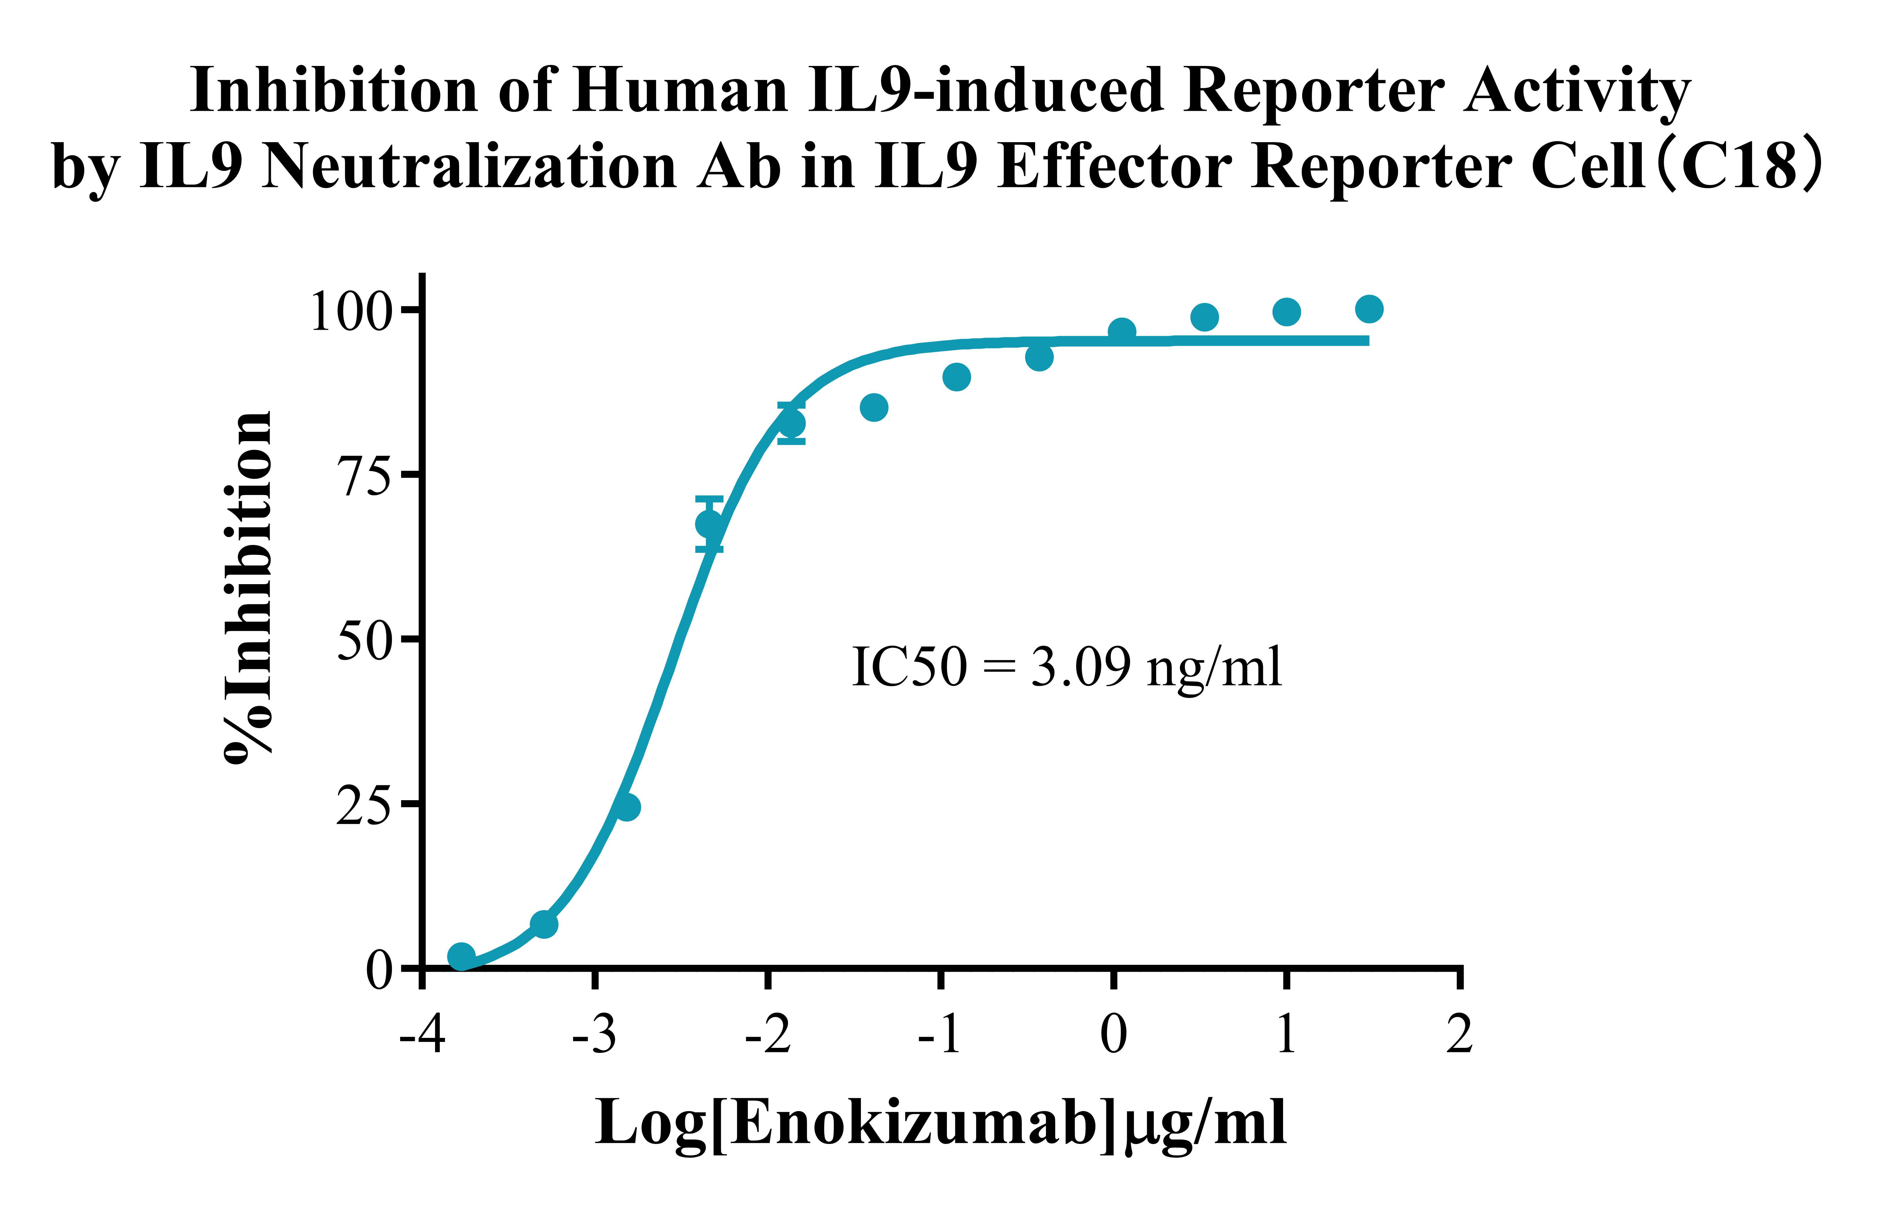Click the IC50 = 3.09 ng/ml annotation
click(x=1066, y=668)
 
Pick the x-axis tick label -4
click(x=422, y=1035)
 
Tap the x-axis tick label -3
click(x=594, y=1035)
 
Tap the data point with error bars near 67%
click(x=709, y=523)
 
